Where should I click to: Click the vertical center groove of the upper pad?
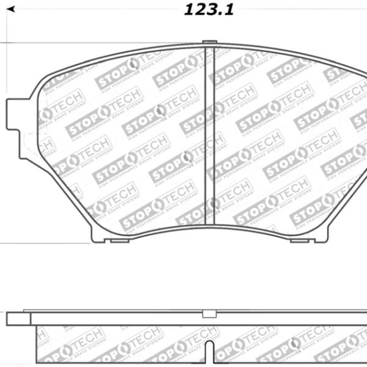click(209, 135)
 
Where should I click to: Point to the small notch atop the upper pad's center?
click(209, 43)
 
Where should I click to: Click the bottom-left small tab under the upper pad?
click(116, 240)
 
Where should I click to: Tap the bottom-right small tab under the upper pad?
click(299, 240)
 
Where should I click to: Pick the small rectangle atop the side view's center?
click(209, 314)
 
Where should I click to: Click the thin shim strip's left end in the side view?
click(28, 311)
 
